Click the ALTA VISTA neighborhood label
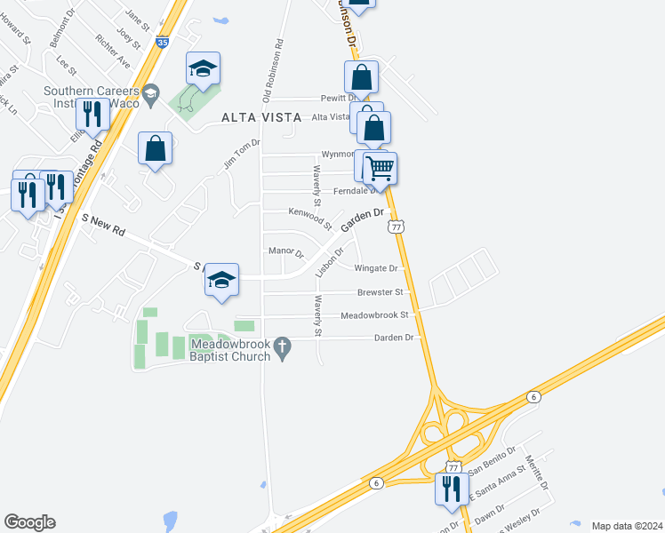click(259, 117)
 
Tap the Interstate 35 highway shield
click(162, 41)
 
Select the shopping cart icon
click(381, 167)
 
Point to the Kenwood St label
click(308, 212)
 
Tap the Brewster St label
click(381, 291)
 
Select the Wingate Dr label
click(375, 267)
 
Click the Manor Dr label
click(286, 252)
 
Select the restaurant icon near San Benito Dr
click(452, 488)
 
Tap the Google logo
click(29, 522)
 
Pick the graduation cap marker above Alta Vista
click(203, 68)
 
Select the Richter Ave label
click(113, 52)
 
